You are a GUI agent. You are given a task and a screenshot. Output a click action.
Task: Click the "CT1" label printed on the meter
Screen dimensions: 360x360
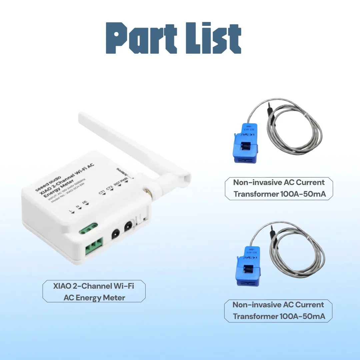[102, 192]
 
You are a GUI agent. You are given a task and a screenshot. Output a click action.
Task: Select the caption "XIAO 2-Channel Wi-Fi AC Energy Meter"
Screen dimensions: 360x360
[94, 291]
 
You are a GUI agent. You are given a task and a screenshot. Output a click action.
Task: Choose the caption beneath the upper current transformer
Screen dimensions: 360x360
[279, 188]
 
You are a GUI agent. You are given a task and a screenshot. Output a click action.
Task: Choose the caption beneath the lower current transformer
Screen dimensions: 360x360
[278, 310]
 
